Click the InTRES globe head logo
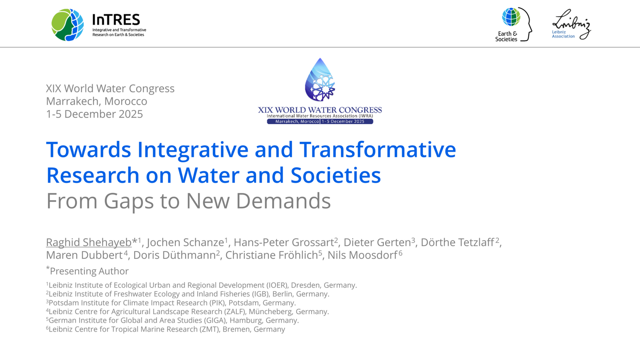(67, 25)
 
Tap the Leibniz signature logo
(571, 24)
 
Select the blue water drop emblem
(320, 80)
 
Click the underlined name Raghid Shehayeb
(89, 242)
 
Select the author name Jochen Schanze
(185, 242)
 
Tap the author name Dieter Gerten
(377, 242)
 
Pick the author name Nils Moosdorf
(362, 255)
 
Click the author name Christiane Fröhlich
(272, 255)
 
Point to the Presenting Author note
(89, 271)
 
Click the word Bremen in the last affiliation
(236, 329)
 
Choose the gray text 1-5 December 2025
(95, 114)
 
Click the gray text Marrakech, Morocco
(97, 101)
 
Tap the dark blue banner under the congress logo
(320, 122)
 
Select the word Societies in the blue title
(335, 175)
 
